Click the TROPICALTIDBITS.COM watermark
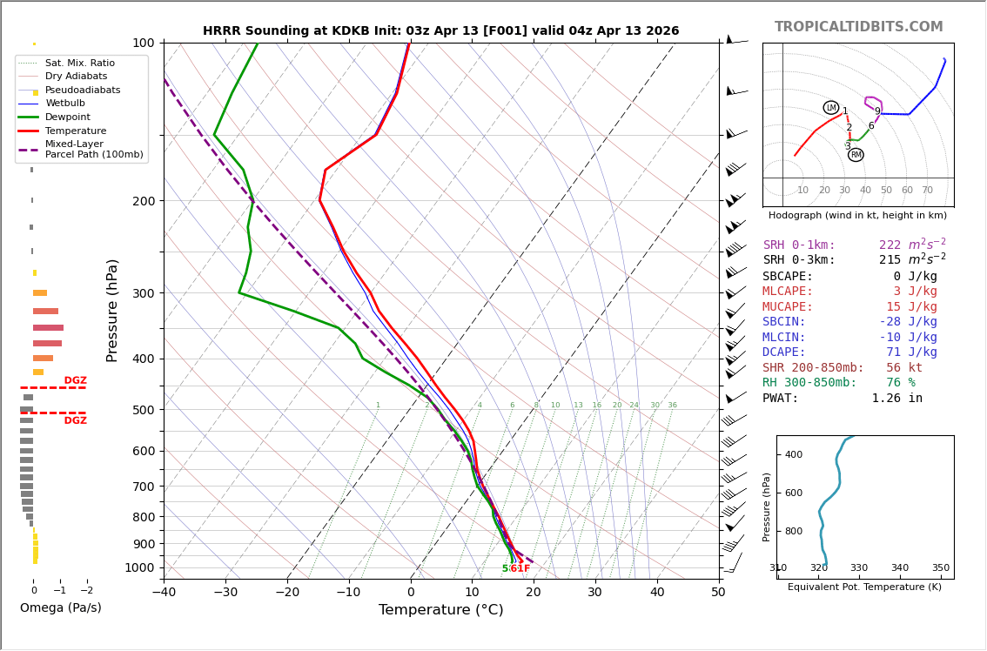(858, 27)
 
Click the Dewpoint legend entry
(67, 117)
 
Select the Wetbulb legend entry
(64, 104)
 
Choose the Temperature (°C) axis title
(440, 610)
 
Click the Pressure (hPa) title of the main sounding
(112, 310)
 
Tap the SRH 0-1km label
(799, 245)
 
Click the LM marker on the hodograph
(830, 108)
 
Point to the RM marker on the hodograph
(856, 155)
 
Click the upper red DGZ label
(75, 380)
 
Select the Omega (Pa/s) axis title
(60, 608)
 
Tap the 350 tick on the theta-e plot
(940, 568)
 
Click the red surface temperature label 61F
(520, 569)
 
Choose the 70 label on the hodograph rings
(927, 191)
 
